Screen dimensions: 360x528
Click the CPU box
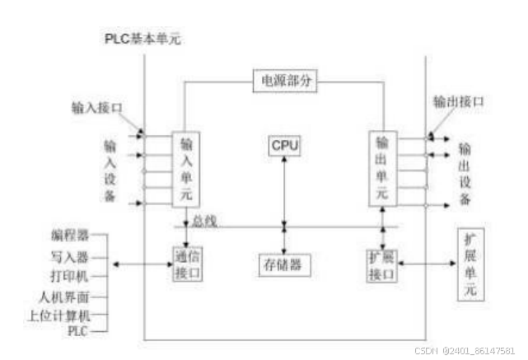[284, 146]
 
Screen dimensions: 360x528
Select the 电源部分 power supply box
[284, 82]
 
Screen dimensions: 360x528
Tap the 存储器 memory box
[283, 264]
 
